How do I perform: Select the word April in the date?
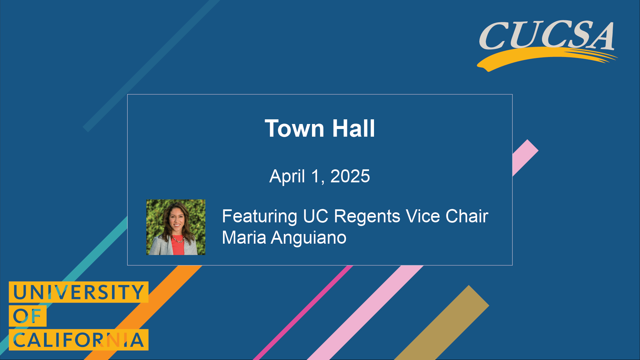point(287,176)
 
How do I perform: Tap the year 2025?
point(350,176)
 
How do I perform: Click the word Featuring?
point(259,216)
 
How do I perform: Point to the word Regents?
point(367,216)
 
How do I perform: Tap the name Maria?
point(244,238)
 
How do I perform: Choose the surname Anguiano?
point(308,238)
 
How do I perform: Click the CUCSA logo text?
point(547,35)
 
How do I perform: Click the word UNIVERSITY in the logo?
point(78,292)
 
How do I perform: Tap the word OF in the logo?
point(27,316)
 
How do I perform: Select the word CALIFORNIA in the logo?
point(78,340)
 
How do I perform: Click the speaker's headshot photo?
point(176,227)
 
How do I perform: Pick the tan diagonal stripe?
point(443,323)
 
